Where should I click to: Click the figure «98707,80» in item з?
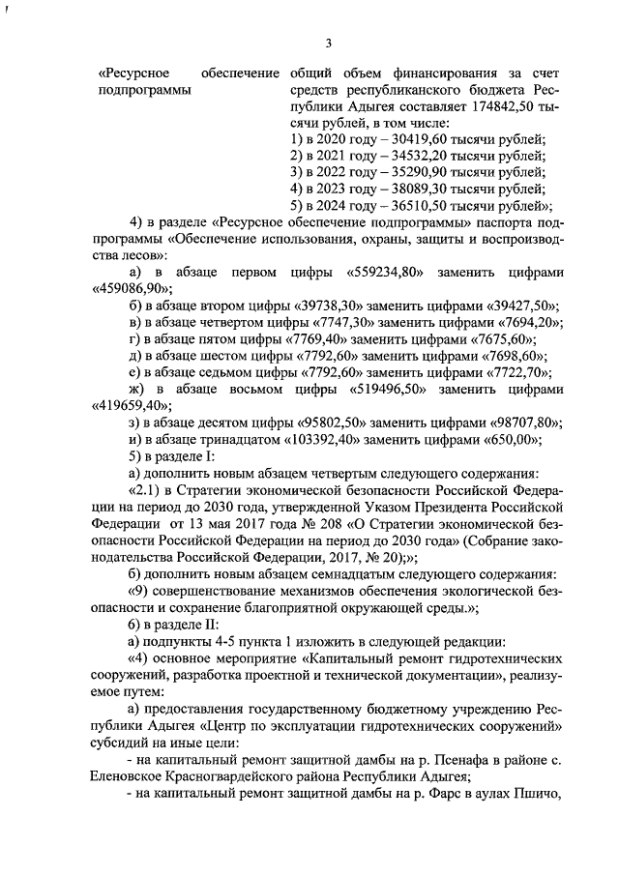click(x=521, y=423)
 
